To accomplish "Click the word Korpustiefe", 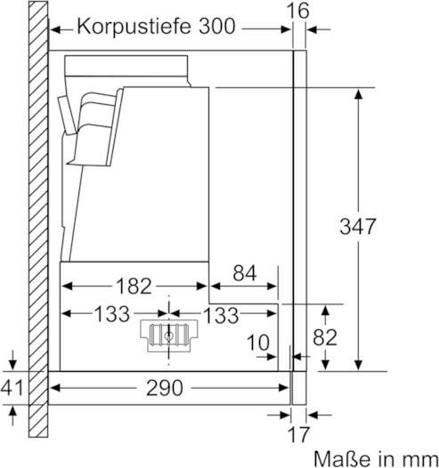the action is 134,27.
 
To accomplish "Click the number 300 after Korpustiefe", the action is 217,27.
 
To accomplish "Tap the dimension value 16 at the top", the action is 297,11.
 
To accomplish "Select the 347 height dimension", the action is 357,226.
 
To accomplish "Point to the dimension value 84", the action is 245,273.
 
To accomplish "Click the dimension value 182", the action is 134,286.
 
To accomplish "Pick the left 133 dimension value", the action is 112,314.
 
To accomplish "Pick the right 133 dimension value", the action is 221,315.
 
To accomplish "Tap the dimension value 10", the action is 258,343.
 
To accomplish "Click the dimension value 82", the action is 325,337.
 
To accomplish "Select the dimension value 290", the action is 164,388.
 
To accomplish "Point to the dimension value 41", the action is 12,387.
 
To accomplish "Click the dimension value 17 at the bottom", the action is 298,434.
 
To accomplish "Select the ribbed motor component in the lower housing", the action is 169,335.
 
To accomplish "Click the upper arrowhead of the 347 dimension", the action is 358,93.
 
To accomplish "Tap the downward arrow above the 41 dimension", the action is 12,360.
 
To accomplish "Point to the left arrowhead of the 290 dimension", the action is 55,388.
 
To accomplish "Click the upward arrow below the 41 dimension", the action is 12,416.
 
